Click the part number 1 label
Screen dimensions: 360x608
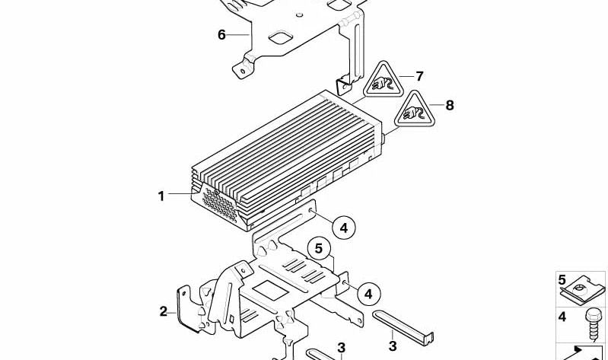click(x=161, y=196)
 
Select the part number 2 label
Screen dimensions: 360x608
click(x=163, y=311)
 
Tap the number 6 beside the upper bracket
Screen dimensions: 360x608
click(x=221, y=34)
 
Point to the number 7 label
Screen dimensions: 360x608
click(x=419, y=76)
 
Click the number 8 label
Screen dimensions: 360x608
click(x=449, y=106)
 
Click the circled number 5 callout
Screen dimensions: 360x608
click(x=320, y=247)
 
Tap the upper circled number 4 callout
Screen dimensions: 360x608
click(x=343, y=227)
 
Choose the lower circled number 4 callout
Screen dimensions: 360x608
click(x=368, y=292)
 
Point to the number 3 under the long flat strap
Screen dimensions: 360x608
click(x=393, y=346)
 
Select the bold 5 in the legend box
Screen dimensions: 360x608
click(x=562, y=279)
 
